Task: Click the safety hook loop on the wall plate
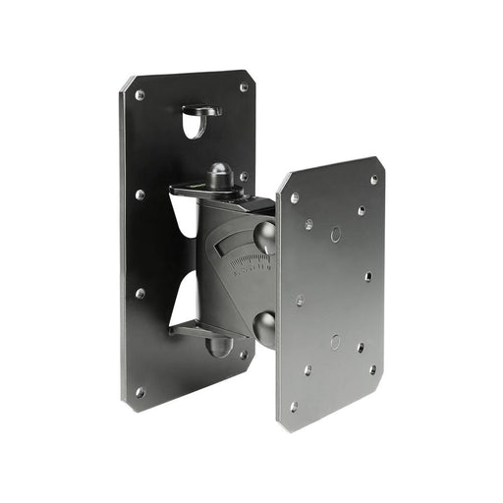(x=201, y=110)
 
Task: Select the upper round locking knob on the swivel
(x=265, y=236)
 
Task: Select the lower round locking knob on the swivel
(x=265, y=327)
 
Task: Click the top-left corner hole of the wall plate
(x=140, y=95)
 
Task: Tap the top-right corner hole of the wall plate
(x=243, y=87)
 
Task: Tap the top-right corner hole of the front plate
(x=373, y=180)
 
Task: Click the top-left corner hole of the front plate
(x=294, y=198)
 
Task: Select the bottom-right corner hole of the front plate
(x=372, y=369)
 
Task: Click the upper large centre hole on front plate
(x=335, y=235)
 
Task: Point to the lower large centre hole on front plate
(x=335, y=342)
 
